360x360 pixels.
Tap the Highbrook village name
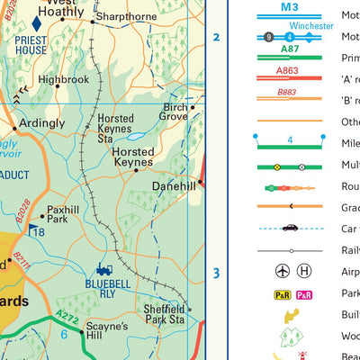(x=64, y=79)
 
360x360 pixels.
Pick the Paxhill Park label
(x=64, y=213)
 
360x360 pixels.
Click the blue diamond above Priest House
(x=37, y=22)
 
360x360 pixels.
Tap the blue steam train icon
(x=104, y=267)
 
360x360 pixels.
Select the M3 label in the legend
(x=288, y=6)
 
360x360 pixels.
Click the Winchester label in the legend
(x=312, y=25)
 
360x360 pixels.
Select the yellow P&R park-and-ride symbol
(x=282, y=294)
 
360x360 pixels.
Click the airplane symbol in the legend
(x=283, y=272)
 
